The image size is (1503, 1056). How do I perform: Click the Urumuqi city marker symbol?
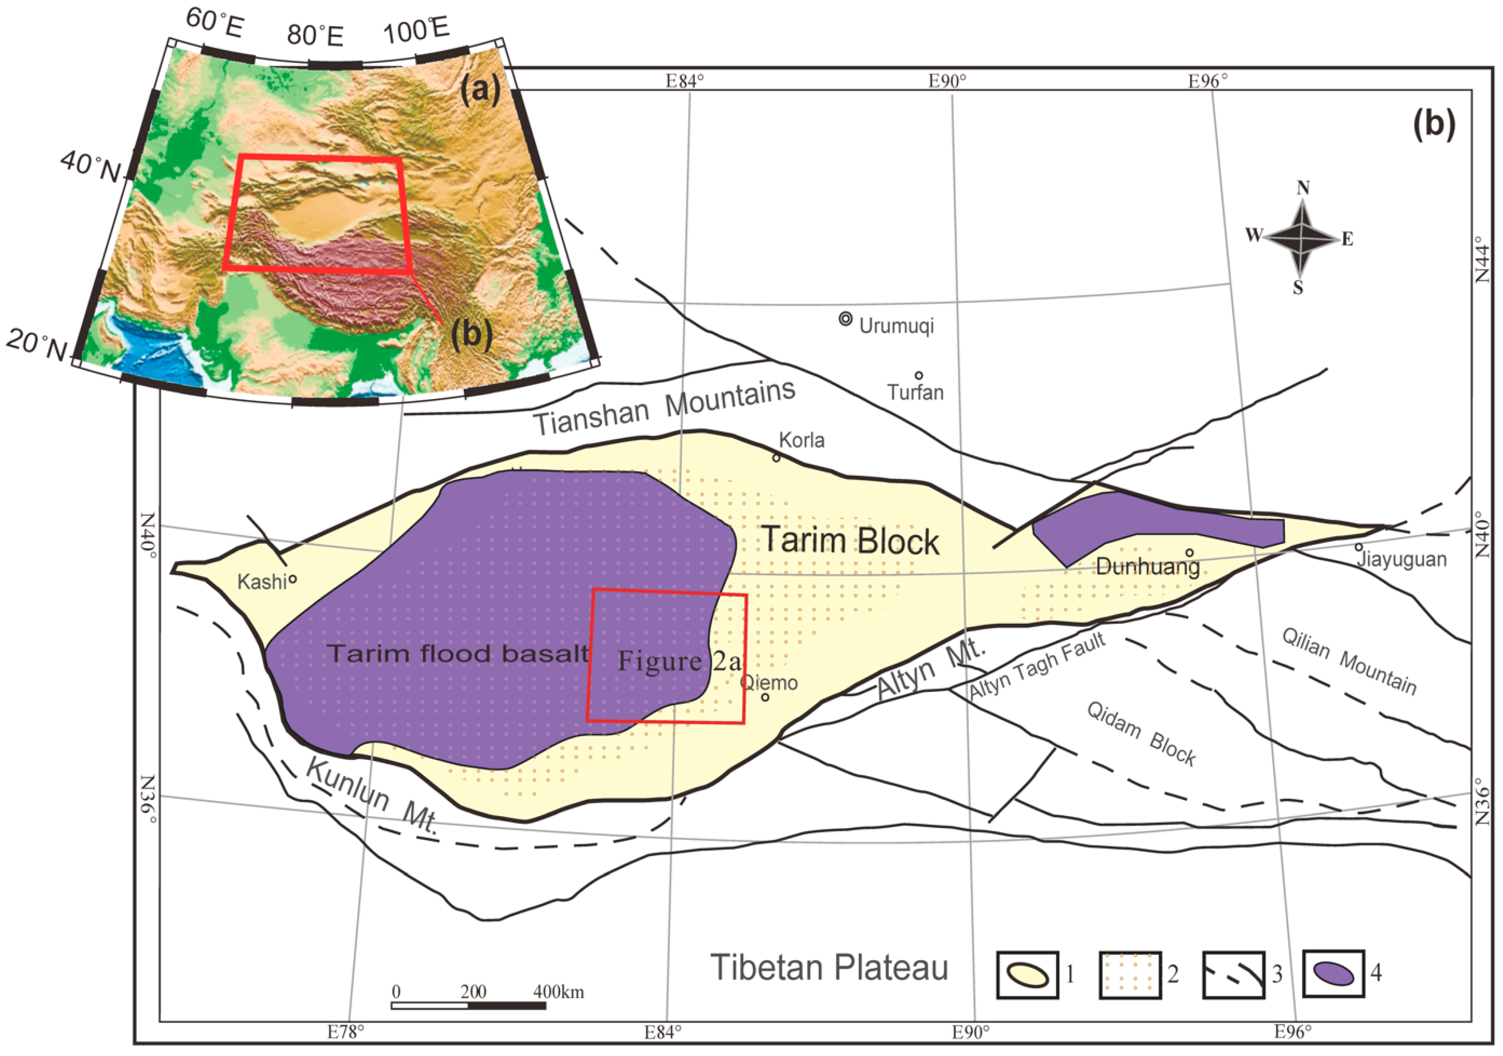[x=845, y=319]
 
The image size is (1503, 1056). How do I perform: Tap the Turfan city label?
[x=915, y=393]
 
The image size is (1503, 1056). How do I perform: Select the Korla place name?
[x=802, y=440]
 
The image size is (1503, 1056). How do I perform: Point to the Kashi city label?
[x=262, y=581]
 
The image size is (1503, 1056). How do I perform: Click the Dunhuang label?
[x=1148, y=566]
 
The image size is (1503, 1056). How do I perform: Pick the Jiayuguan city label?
[x=1401, y=560]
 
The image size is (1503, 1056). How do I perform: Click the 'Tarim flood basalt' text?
[x=458, y=653]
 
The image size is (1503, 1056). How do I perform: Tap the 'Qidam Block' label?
[x=1141, y=733]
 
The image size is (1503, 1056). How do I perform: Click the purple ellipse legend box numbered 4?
[x=1334, y=974]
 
